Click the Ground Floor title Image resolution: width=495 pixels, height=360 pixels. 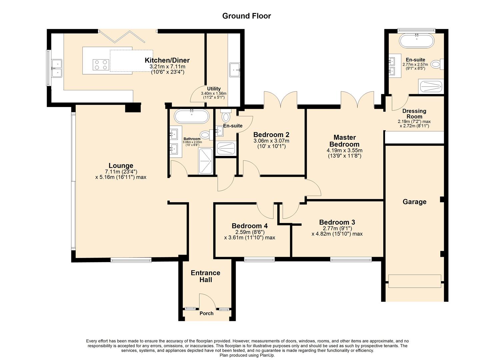click(x=246, y=16)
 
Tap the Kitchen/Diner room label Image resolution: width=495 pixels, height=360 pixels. click(x=167, y=60)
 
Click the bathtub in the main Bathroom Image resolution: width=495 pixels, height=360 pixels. click(x=192, y=117)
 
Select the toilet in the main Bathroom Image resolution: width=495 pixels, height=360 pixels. click(x=206, y=135)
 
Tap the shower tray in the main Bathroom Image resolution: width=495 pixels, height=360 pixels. click(x=205, y=161)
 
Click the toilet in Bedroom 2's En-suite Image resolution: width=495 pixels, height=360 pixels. click(x=226, y=117)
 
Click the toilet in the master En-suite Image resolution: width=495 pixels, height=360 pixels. click(x=436, y=64)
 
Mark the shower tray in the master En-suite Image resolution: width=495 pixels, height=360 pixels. click(x=431, y=87)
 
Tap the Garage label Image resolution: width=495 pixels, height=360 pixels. click(x=414, y=202)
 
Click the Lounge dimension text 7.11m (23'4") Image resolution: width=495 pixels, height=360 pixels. click(x=121, y=172)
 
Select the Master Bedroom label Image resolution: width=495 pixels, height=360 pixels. click(x=344, y=141)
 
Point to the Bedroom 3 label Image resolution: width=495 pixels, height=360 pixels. click(x=337, y=222)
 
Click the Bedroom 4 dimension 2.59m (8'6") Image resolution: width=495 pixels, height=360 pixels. click(x=250, y=232)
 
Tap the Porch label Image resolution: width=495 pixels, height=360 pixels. click(x=206, y=313)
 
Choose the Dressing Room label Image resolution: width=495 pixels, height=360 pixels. click(x=414, y=114)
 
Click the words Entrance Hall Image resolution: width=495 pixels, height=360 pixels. click(x=205, y=276)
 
